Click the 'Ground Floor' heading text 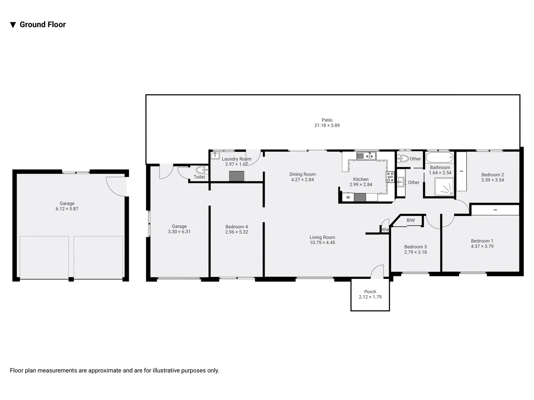[x=43, y=24]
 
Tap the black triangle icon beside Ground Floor [x=13, y=25]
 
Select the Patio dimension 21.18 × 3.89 [x=327, y=126]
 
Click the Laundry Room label [x=236, y=159]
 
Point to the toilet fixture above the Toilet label [x=200, y=170]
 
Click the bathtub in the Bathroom [x=439, y=157]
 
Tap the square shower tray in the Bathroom [x=444, y=187]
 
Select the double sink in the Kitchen [x=366, y=156]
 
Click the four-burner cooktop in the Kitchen [x=390, y=177]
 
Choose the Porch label [x=370, y=291]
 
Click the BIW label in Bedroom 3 [x=411, y=220]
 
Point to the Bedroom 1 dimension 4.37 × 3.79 [x=482, y=246]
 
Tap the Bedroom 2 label [x=492, y=175]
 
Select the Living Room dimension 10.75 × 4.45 [x=322, y=243]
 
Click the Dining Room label [x=302, y=174]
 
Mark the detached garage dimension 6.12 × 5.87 [x=67, y=209]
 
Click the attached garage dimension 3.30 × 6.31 [x=179, y=232]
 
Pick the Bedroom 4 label [x=236, y=227]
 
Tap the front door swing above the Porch [x=378, y=272]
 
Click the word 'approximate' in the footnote [x=105, y=370]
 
